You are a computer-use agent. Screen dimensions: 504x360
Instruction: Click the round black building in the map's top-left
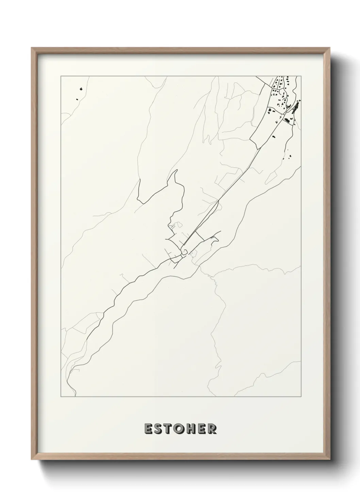[x=81, y=89]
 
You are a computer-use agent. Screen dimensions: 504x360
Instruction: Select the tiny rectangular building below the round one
[x=77, y=99]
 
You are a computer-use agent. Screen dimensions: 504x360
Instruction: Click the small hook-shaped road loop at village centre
[x=184, y=252]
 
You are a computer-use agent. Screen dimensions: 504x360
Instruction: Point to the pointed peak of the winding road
[x=176, y=170]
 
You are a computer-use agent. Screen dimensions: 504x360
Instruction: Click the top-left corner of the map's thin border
[x=61, y=76]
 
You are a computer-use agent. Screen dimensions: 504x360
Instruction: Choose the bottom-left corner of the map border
[x=61, y=397]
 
